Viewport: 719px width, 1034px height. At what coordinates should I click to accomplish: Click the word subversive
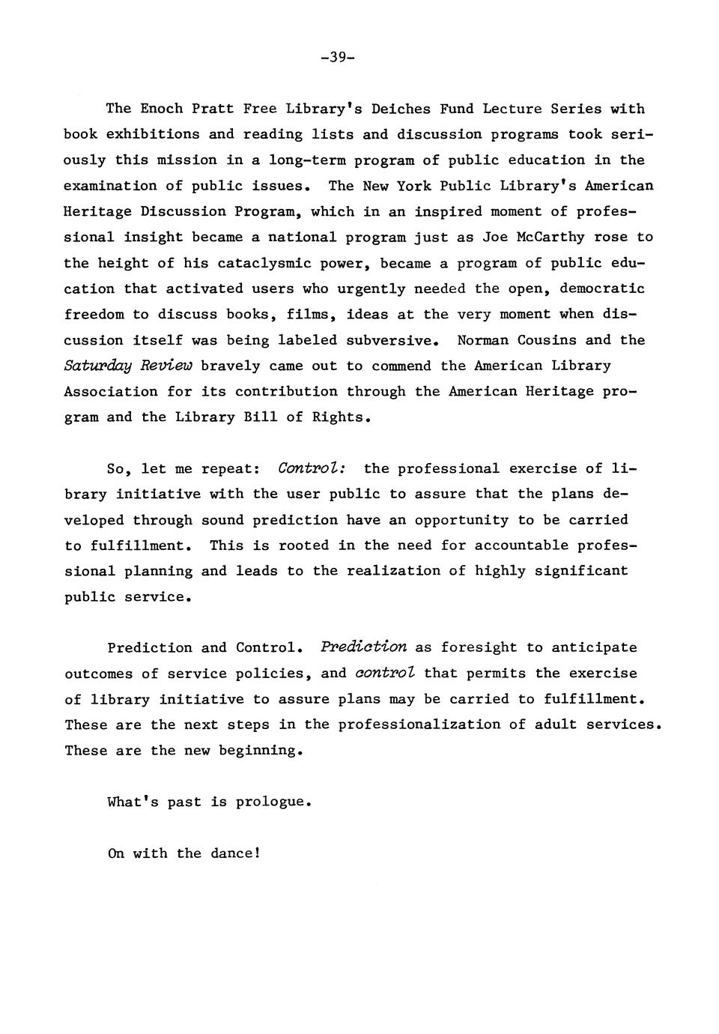click(389, 340)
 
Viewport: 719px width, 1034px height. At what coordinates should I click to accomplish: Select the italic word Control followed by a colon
click(311, 468)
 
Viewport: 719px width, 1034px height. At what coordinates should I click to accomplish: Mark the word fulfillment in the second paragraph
click(136, 545)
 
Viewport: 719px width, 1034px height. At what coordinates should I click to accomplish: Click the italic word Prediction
click(363, 647)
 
